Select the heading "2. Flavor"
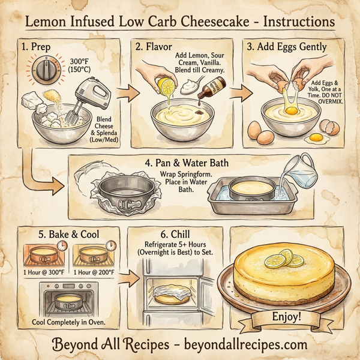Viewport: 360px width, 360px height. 155,46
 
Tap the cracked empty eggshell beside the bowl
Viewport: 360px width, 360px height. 328,127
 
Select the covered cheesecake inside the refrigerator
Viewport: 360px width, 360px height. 176,294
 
